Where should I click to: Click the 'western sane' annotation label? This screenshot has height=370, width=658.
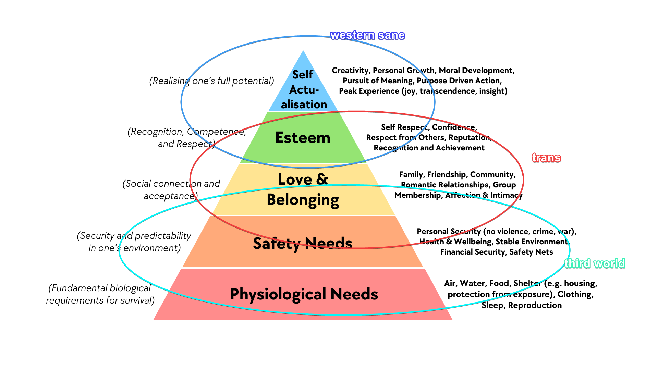click(x=367, y=35)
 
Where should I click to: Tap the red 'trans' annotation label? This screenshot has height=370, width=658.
click(x=546, y=158)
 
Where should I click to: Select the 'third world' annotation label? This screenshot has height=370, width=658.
click(x=595, y=263)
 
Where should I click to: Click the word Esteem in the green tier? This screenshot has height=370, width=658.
click(x=303, y=138)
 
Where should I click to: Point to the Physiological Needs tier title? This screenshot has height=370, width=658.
click(x=304, y=294)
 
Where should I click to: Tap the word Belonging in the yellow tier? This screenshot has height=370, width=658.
click(x=303, y=200)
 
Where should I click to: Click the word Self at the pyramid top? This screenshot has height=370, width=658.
click(x=303, y=74)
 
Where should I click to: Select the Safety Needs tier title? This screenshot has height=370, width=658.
click(x=303, y=244)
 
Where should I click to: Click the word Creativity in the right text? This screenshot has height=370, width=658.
click(x=350, y=71)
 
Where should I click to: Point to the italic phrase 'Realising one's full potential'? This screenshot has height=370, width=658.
click(x=212, y=81)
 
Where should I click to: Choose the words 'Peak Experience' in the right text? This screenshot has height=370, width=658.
click(x=369, y=91)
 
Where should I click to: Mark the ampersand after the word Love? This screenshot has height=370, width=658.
click(x=322, y=179)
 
